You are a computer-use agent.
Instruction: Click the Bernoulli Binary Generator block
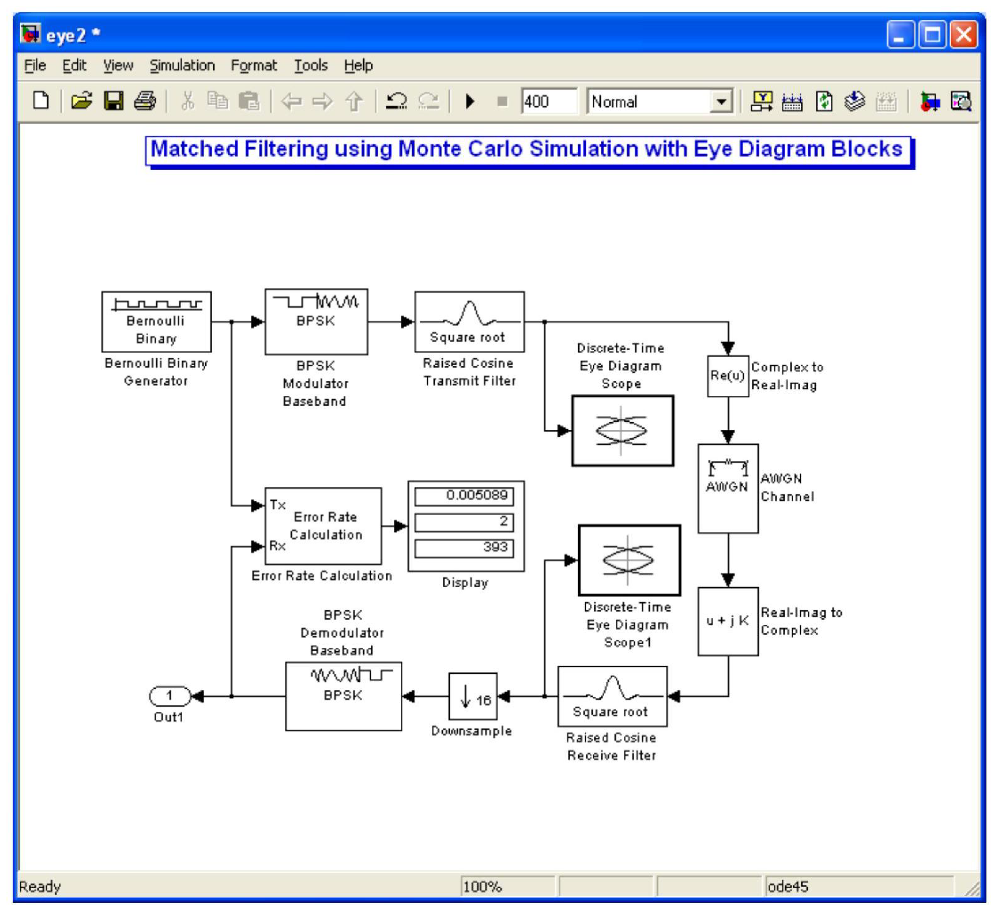(x=156, y=322)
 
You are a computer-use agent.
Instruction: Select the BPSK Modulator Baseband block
(x=316, y=322)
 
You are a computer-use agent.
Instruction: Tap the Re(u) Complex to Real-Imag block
(x=727, y=376)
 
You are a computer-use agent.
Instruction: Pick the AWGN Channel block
(x=727, y=489)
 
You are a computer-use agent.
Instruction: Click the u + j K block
(x=727, y=621)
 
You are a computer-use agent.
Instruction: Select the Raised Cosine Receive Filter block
(x=612, y=696)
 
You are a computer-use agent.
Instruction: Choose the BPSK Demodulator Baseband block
(x=343, y=696)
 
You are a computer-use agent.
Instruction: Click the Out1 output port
(x=169, y=696)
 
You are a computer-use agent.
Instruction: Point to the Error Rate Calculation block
(x=323, y=526)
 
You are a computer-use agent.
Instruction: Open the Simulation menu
(x=182, y=65)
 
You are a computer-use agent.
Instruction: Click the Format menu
(x=254, y=65)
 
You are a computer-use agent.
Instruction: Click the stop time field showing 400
(x=549, y=102)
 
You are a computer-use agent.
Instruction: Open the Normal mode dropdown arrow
(x=721, y=102)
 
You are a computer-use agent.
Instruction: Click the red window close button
(x=963, y=35)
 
